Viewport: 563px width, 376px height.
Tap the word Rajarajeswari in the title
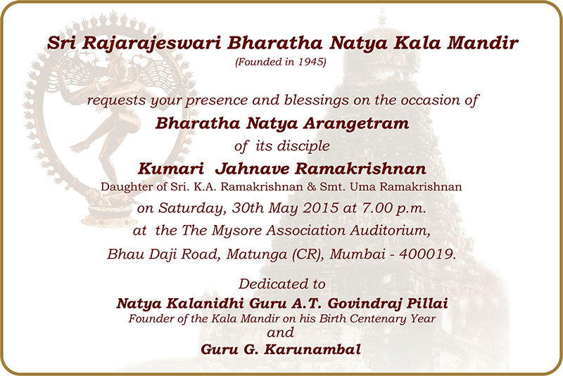pyautogui.click(x=151, y=44)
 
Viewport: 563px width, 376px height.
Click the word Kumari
pyautogui.click(x=171, y=169)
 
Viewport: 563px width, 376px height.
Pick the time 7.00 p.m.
pyautogui.click(x=394, y=208)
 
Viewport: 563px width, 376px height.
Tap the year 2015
pyautogui.click(x=321, y=208)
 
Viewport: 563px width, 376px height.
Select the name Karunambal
pyautogui.click(x=312, y=349)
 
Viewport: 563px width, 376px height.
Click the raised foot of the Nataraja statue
pyautogui.click(x=80, y=146)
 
